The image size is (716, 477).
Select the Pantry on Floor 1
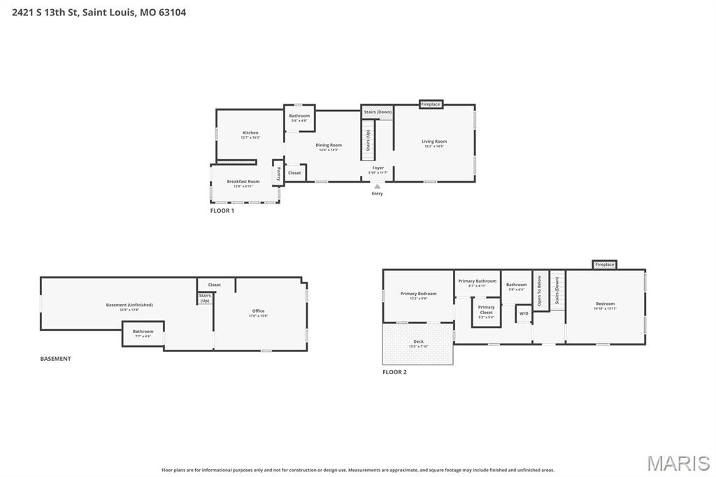[278, 173]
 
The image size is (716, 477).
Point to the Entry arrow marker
[377, 187]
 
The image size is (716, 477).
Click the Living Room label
[434, 142]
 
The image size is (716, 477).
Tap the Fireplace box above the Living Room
[431, 104]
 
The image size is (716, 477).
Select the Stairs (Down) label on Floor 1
[378, 112]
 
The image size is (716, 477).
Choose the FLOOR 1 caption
[222, 211]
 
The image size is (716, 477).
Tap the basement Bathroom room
[143, 332]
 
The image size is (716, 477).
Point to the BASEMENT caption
[55, 359]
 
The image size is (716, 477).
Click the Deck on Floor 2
[418, 343]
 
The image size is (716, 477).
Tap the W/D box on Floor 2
[524, 313]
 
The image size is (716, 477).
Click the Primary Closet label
[486, 310]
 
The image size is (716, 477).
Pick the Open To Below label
[539, 290]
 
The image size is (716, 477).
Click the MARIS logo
[678, 463]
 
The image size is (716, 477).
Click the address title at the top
[99, 12]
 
